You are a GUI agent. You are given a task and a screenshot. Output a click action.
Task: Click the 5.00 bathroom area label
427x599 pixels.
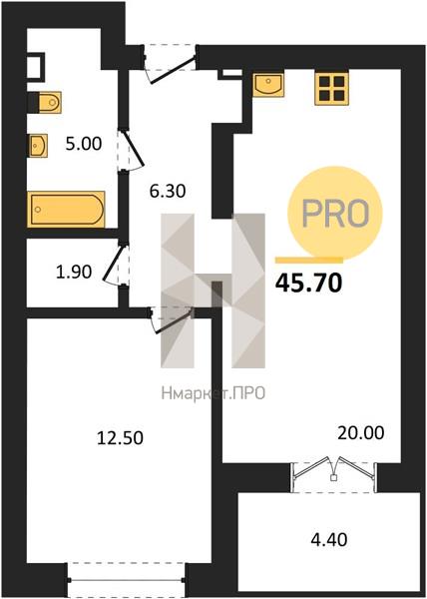(84, 144)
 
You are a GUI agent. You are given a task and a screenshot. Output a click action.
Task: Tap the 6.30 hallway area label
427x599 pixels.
(168, 191)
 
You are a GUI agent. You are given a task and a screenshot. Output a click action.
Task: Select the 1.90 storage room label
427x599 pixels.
(74, 272)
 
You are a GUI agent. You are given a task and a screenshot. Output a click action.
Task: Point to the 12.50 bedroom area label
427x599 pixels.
(120, 438)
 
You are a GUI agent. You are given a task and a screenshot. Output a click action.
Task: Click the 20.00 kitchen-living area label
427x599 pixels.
(360, 433)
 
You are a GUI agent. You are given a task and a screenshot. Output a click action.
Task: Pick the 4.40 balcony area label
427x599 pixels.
(329, 540)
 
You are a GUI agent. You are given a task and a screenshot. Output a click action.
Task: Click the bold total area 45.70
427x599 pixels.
(308, 284)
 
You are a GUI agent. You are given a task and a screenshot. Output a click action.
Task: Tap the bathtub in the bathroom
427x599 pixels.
(66, 210)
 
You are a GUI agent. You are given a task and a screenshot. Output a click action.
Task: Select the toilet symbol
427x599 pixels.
(45, 102)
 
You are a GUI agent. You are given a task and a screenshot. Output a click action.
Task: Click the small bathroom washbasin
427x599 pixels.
(37, 145)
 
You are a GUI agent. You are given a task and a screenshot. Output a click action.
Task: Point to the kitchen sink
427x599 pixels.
(268, 84)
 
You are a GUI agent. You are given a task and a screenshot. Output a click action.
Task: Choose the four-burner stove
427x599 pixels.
(331, 88)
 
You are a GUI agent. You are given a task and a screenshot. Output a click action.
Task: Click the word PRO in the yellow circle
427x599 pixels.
(335, 213)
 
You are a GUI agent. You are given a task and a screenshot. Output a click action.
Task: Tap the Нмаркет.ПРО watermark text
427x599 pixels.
(213, 393)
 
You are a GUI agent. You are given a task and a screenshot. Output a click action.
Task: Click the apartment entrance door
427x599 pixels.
(171, 64)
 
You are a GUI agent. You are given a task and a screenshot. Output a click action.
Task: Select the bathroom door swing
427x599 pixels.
(131, 150)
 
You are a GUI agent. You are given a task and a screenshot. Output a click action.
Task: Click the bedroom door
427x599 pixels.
(171, 320)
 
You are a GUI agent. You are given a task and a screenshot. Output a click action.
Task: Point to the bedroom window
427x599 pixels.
(127, 579)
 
